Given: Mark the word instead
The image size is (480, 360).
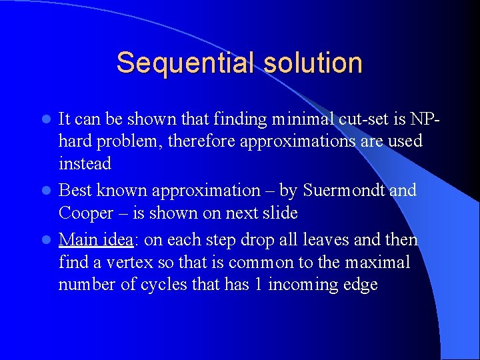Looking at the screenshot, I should pyautogui.click(x=85, y=163).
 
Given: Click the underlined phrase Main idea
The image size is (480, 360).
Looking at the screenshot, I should pyautogui.click(x=95, y=240).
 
